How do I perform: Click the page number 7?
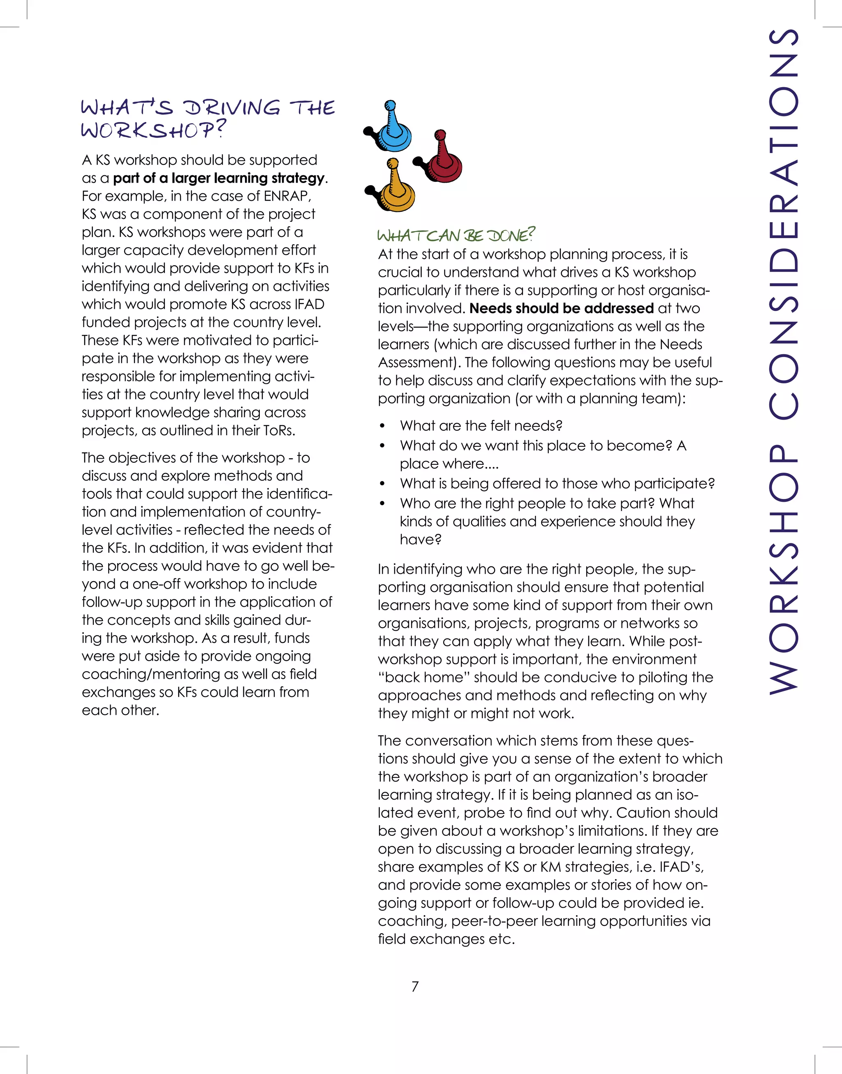(x=415, y=986)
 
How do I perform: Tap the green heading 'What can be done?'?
(x=456, y=235)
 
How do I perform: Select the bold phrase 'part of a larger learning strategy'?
(x=219, y=178)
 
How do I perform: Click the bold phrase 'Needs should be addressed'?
(x=562, y=308)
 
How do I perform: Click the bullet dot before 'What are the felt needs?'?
(x=382, y=426)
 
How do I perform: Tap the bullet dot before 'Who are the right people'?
(x=382, y=503)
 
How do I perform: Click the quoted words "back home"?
(x=424, y=677)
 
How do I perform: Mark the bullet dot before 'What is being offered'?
(x=382, y=484)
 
